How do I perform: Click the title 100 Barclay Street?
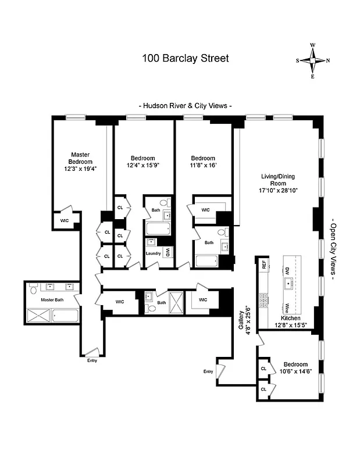coord(186,58)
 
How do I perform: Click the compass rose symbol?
coord(313,60)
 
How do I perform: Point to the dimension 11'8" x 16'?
coord(203,166)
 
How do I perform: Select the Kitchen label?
coord(291,319)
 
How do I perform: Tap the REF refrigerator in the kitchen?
coord(264,264)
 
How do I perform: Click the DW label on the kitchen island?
coord(287,270)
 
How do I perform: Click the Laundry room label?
coord(153,253)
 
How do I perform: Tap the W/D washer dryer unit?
coord(168,252)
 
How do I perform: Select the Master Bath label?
coord(51,300)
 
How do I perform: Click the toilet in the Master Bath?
coord(34,289)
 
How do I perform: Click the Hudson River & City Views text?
coord(186,106)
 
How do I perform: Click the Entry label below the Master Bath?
coord(92,360)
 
